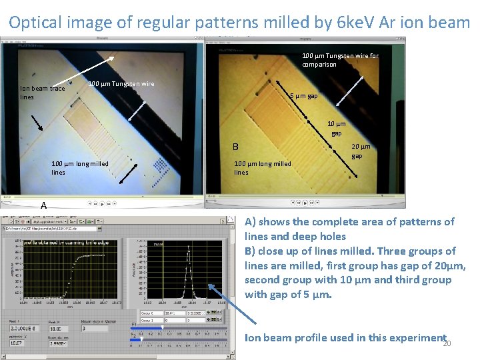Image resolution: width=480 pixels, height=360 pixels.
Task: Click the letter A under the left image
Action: pyautogui.click(x=43, y=205)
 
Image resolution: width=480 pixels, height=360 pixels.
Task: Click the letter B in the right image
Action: pyautogui.click(x=235, y=147)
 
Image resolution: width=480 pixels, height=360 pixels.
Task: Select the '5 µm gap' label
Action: pyautogui.click(x=303, y=96)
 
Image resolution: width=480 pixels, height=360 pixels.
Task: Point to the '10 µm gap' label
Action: pyautogui.click(x=336, y=129)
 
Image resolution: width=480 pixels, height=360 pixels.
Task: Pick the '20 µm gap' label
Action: pyautogui.click(x=360, y=151)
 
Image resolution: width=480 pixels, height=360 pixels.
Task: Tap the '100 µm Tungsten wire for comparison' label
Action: pyautogui.click(x=340, y=60)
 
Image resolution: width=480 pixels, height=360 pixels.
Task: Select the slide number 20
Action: pyautogui.click(x=447, y=344)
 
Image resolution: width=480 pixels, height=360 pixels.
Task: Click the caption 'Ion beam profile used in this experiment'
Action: pyautogui.click(x=345, y=337)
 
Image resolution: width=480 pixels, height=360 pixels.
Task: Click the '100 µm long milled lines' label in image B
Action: pyautogui.click(x=263, y=168)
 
